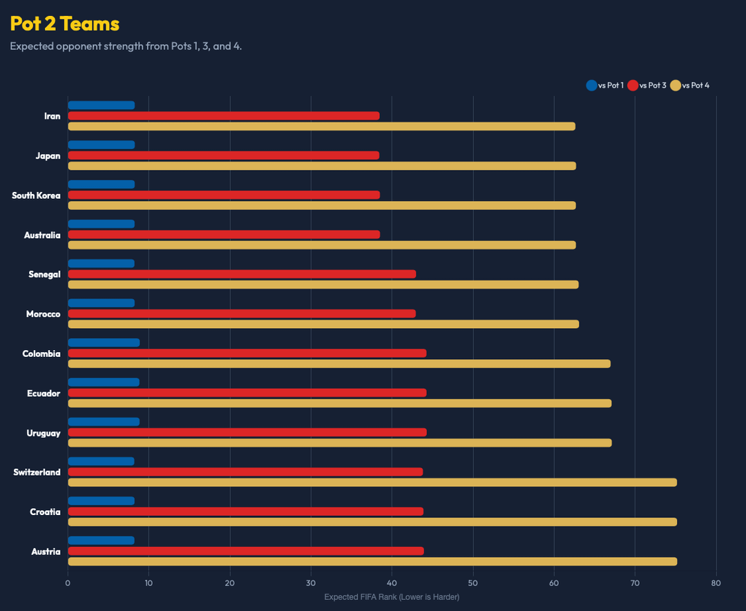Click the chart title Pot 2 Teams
pos(65,23)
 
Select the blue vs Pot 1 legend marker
pos(591,86)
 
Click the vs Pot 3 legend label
pos(652,86)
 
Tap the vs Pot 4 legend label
pos(696,86)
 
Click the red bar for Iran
pos(224,116)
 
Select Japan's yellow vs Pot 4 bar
pos(322,166)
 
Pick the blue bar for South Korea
pos(101,184)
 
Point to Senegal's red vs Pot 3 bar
pos(242,274)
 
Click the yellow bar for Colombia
pos(339,364)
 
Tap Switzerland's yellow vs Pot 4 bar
pos(372,482)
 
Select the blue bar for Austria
pos(101,541)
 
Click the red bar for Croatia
pos(245,512)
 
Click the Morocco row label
pos(43,314)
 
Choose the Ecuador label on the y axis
pos(44,394)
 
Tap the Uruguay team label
pos(44,433)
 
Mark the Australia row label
pos(42,235)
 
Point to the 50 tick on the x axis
pos(473,583)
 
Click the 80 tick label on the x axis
pos(716,583)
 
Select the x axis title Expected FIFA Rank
pos(392,597)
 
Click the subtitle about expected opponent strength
pos(126,46)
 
